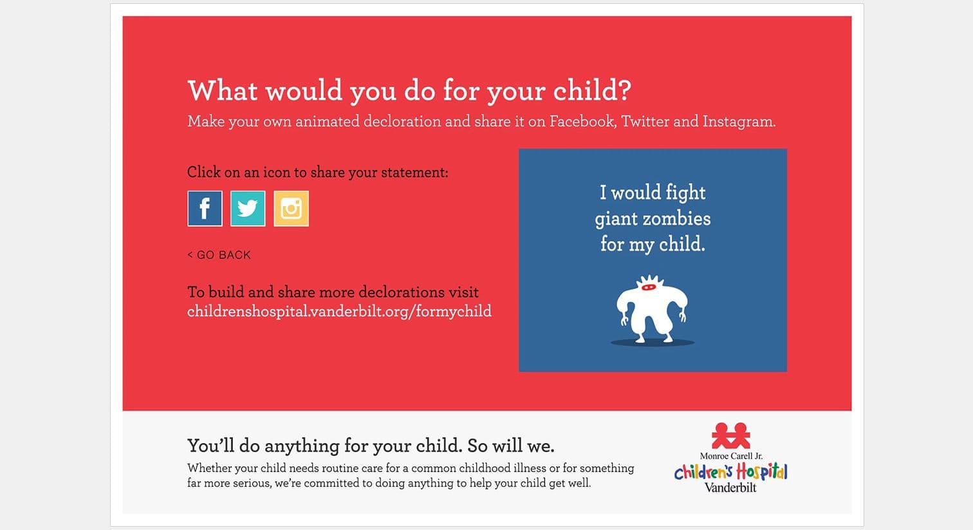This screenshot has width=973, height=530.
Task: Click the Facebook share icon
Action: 205,208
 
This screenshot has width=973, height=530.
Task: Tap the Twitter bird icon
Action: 248,208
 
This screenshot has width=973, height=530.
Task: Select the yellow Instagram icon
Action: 291,208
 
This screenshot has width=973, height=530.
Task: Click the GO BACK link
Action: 219,255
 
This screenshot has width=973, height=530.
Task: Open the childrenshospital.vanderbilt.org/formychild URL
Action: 339,311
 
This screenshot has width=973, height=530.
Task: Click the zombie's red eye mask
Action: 648,287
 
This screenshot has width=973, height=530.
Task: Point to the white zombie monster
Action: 651,308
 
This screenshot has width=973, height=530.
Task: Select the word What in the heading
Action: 223,90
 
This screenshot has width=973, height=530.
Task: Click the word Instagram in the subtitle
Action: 739,121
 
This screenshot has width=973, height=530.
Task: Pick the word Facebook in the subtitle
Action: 583,121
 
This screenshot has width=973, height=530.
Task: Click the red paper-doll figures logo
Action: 730,435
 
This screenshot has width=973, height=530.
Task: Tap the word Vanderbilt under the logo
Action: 730,487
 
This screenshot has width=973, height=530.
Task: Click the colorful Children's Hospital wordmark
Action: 730,471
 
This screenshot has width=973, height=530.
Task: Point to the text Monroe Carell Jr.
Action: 731,456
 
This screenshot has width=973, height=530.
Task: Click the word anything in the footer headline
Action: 302,446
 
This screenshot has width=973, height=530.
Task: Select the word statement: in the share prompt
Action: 414,173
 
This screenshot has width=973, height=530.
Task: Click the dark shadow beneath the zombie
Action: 653,343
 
